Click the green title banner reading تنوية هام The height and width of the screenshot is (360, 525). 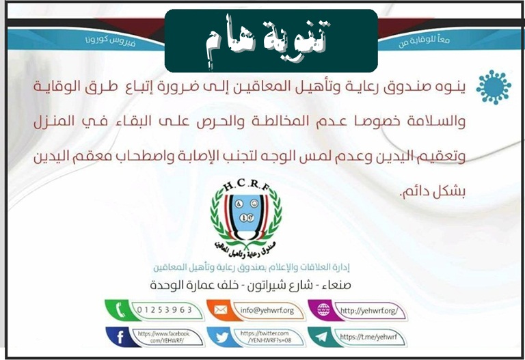point(271,40)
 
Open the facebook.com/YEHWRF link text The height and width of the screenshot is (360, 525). point(162,336)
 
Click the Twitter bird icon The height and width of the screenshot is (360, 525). point(221,337)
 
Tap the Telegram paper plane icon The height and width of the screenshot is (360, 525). point(321,337)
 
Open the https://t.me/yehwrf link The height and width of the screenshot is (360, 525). point(368,337)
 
